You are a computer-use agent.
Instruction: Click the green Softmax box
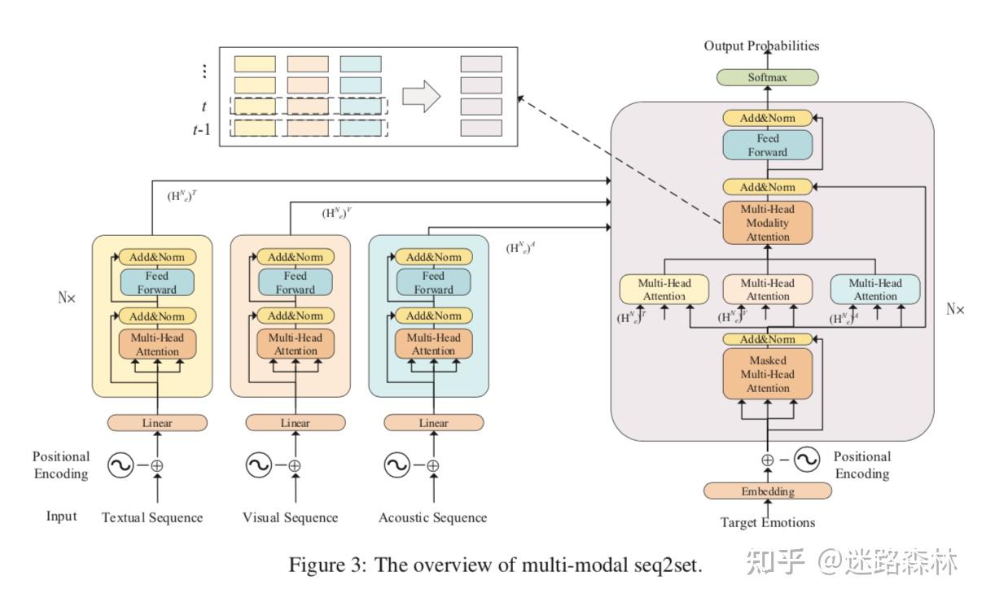tap(768, 78)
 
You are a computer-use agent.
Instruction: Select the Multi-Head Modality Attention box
tap(768, 223)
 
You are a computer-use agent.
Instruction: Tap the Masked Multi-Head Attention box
tap(768, 375)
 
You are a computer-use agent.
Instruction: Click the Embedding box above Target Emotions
tap(768, 491)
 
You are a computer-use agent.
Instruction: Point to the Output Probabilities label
tap(761, 46)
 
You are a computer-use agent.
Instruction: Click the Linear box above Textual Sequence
tap(156, 423)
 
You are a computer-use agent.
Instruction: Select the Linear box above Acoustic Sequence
tap(433, 423)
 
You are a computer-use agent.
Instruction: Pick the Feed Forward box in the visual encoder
tap(295, 283)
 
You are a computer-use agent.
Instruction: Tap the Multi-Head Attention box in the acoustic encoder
tap(433, 344)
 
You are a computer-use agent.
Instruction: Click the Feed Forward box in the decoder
tap(768, 146)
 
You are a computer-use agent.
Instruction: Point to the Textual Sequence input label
tap(152, 517)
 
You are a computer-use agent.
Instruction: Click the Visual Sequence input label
tap(291, 517)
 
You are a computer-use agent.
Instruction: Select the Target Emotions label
tap(768, 522)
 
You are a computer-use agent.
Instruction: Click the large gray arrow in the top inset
tap(422, 96)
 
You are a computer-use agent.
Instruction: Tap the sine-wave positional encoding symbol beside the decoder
tap(806, 460)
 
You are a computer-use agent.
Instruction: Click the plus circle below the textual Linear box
tap(156, 466)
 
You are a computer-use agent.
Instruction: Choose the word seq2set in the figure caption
tap(668, 566)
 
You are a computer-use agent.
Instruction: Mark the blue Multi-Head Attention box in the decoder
tap(875, 290)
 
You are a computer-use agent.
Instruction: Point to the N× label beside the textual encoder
tap(67, 298)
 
